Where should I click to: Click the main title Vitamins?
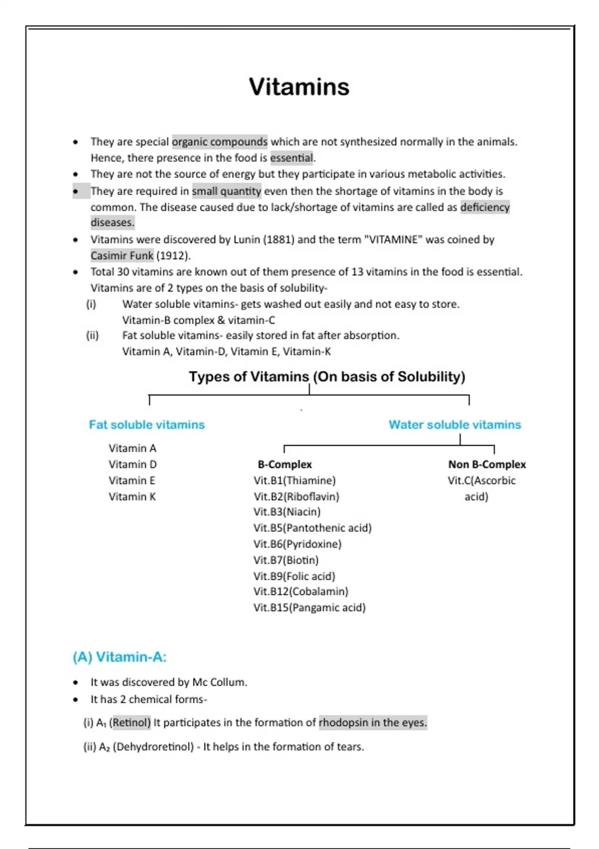tap(299, 87)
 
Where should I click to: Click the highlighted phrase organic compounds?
tap(220, 142)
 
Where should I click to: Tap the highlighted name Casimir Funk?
tap(122, 256)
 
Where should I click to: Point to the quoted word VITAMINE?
tap(393, 240)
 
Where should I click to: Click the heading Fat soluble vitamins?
tap(147, 424)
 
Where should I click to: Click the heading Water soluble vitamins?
tap(455, 424)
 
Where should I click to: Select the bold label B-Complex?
tap(285, 464)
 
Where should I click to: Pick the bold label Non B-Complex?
tap(487, 464)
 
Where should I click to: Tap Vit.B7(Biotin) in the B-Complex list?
tap(286, 560)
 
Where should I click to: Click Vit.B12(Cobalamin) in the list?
tap(301, 591)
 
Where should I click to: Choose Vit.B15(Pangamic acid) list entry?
tap(309, 608)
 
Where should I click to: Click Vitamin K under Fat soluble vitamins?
tap(132, 496)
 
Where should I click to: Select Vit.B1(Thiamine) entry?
tap(295, 480)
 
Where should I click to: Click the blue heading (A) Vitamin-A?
tap(120, 657)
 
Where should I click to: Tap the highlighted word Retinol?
tap(131, 723)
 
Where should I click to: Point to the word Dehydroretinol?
tap(153, 747)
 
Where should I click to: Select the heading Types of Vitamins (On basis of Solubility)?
tap(327, 377)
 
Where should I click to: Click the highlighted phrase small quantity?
tap(227, 191)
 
